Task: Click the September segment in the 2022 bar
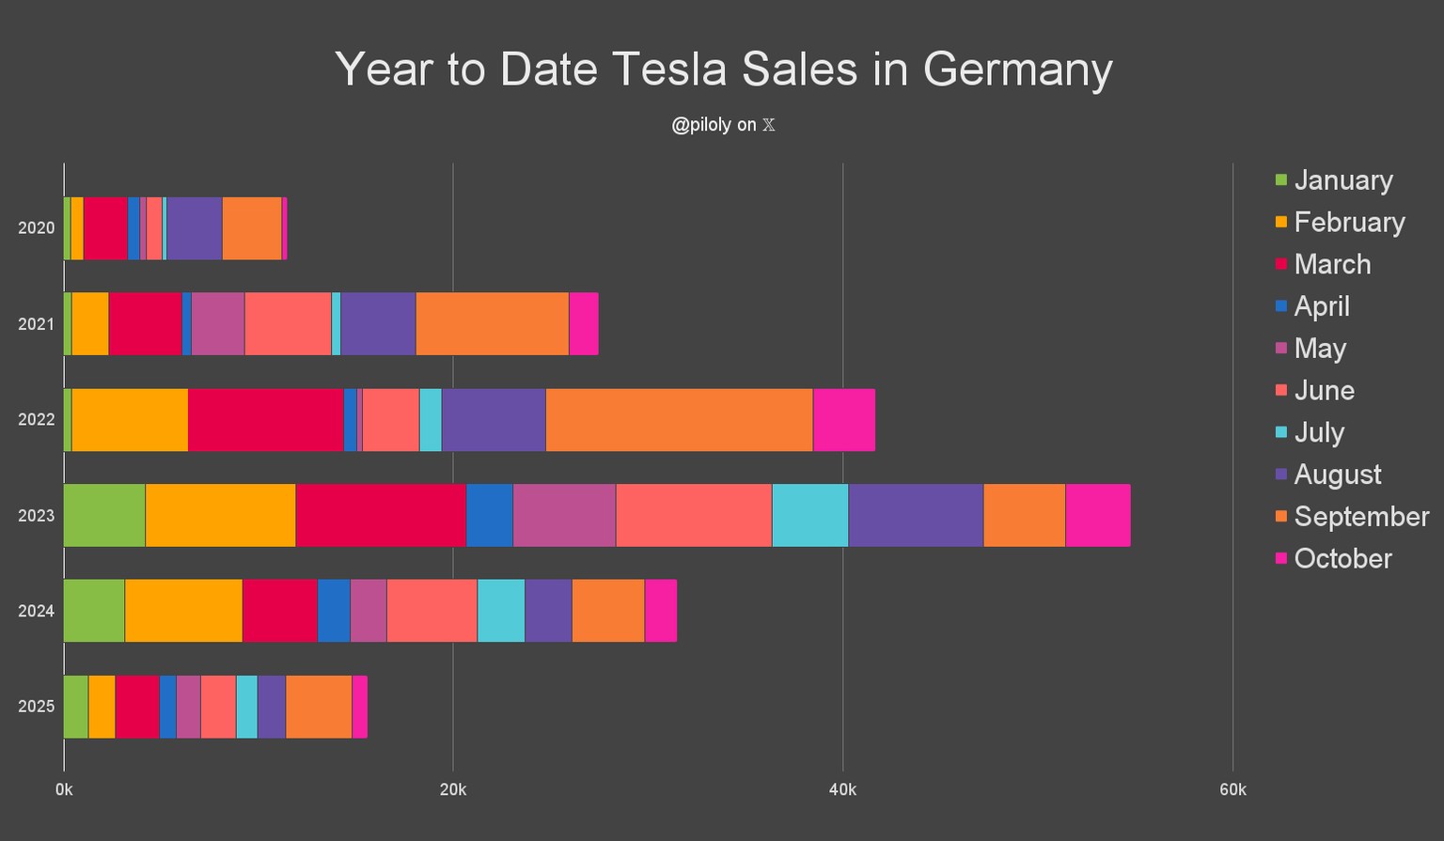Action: [x=679, y=419]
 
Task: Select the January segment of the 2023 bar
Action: [x=104, y=515]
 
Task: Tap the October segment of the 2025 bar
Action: [x=359, y=707]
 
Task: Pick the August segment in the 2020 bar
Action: [x=195, y=228]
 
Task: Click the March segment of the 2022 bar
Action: [x=265, y=419]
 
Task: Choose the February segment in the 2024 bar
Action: [x=183, y=611]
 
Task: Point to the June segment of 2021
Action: [x=288, y=323]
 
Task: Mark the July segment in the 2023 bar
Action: [x=809, y=515]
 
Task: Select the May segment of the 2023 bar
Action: [x=564, y=515]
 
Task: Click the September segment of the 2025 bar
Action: [x=319, y=707]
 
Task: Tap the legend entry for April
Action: [x=1321, y=306]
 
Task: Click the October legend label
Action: [x=1342, y=558]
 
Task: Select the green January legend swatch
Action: [x=1280, y=179]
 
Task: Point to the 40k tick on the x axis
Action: [x=842, y=790]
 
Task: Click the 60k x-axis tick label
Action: [x=1232, y=790]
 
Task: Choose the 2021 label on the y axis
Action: [x=36, y=324]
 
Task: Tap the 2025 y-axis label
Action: [x=36, y=707]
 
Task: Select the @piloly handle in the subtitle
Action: [x=700, y=125]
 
